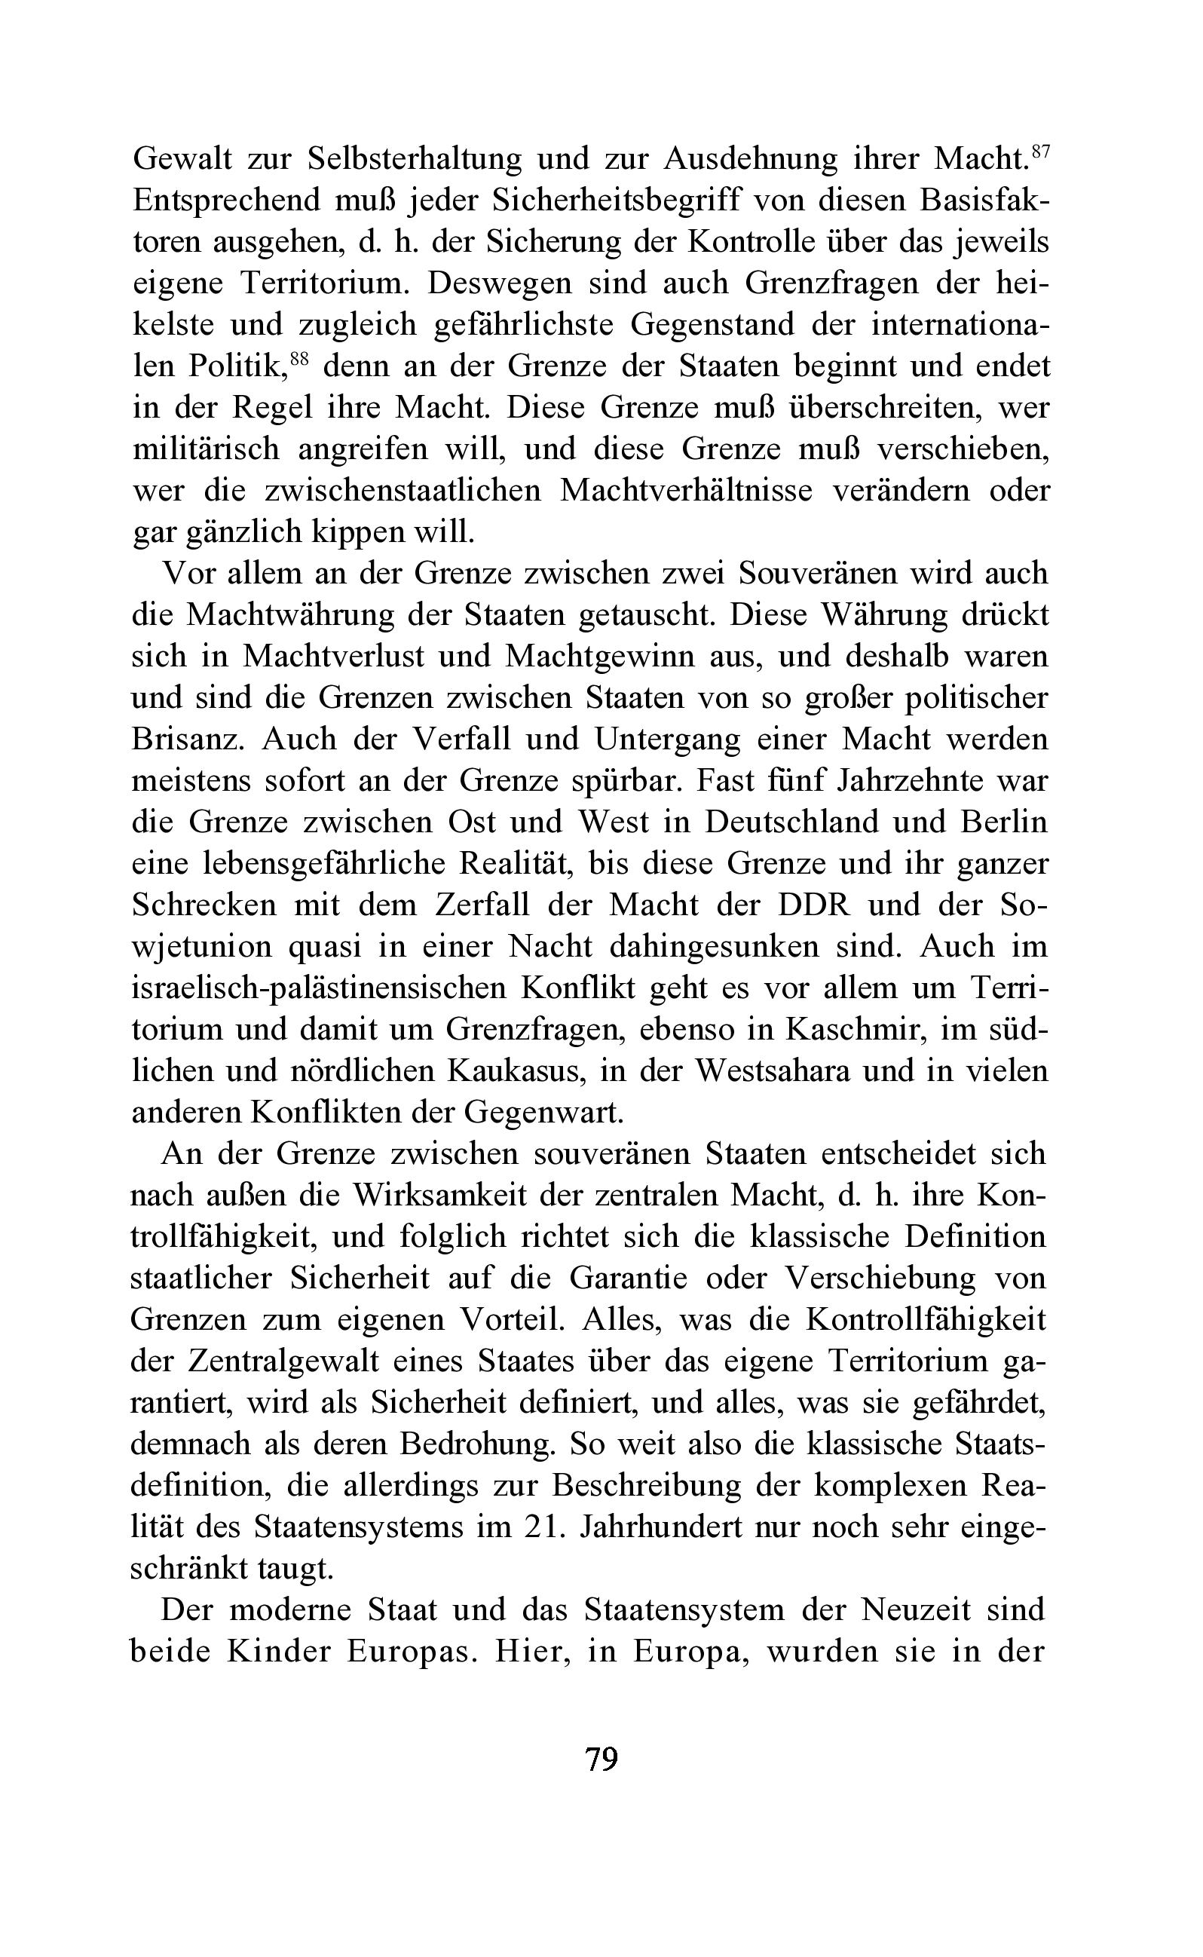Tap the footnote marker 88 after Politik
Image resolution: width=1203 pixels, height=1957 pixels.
coord(298,359)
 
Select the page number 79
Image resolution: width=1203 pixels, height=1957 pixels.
coord(601,1758)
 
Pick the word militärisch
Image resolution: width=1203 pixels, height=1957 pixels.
coord(206,449)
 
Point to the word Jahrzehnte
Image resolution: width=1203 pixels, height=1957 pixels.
coord(908,780)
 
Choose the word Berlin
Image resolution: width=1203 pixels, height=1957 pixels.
coord(1004,822)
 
